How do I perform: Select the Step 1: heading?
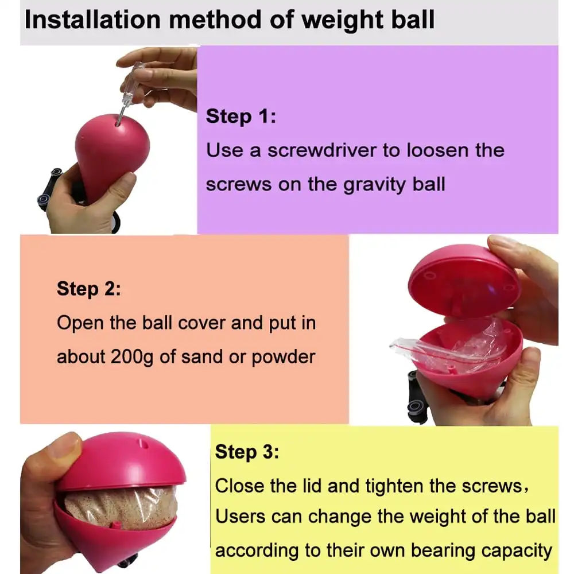coord(241,117)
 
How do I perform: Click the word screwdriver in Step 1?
coord(322,150)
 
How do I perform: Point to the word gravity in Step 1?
coord(374,185)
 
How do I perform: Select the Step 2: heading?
coord(88,289)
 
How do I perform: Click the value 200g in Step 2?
coord(132,357)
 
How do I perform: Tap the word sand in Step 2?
coord(201,356)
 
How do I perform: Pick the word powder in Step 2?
coord(284,357)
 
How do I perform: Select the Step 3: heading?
coord(247,452)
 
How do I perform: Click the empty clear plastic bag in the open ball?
coord(450,343)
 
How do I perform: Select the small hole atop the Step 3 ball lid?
coord(143,444)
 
